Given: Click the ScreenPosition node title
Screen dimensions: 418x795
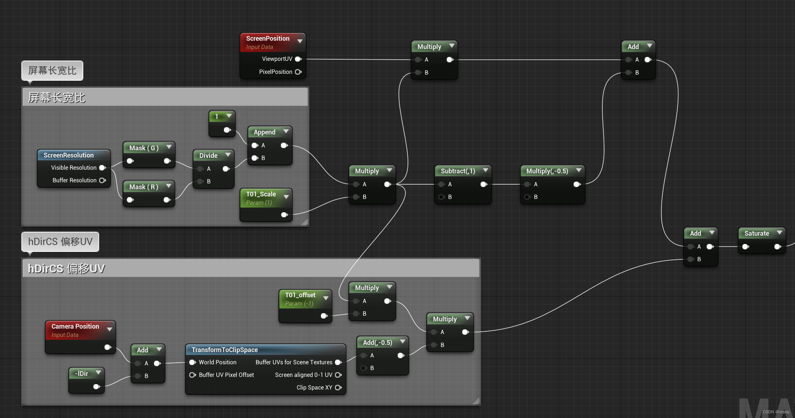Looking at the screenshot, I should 268,39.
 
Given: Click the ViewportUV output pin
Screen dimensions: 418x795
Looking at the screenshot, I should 298,59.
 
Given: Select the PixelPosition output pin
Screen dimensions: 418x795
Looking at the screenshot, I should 298,72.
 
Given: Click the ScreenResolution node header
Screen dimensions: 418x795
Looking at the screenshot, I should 69,155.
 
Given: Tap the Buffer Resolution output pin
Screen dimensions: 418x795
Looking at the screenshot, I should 102,181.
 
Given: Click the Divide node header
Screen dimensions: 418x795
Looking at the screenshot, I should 208,156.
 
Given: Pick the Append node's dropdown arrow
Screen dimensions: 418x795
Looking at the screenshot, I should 286,132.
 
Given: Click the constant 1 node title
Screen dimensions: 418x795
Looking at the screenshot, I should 217,117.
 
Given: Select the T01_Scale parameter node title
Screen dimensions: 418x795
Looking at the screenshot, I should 261,194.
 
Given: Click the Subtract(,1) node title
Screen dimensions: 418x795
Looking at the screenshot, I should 458,171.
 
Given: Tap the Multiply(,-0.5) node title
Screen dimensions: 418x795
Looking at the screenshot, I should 547,171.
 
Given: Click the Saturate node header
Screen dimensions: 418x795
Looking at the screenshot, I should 756,234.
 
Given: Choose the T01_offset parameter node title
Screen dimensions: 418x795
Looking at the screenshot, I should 300,295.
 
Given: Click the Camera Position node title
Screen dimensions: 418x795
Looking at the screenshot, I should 75,326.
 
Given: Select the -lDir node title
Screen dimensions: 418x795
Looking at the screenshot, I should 81,374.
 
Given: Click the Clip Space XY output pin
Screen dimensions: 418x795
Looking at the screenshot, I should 338,388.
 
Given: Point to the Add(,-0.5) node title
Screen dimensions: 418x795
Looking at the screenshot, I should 377,343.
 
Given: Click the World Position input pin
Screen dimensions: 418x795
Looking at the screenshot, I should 193,363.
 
